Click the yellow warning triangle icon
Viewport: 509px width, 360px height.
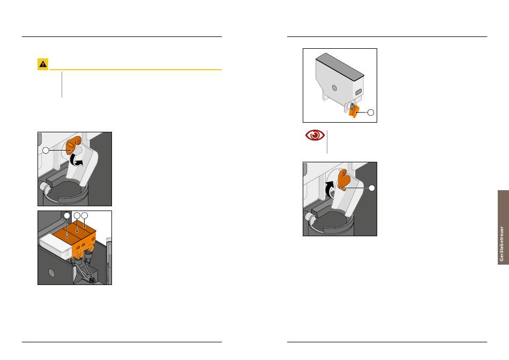pos(43,64)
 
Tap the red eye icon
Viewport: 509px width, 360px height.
pos(315,135)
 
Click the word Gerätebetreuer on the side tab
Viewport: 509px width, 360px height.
pos(502,244)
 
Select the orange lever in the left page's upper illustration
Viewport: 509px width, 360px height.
pos(73,145)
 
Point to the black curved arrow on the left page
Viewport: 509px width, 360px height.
pos(77,160)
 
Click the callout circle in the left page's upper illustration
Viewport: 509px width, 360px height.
pos(46,151)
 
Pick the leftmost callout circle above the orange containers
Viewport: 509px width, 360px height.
pos(67,215)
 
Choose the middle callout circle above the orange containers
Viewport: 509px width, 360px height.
pos(77,215)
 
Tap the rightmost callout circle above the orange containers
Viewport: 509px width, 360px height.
pos(85,215)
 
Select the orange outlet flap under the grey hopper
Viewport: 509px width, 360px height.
pos(354,111)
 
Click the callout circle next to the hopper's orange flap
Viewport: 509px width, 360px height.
pos(370,112)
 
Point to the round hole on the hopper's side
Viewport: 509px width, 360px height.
pos(334,88)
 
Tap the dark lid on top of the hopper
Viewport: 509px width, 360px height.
pos(340,67)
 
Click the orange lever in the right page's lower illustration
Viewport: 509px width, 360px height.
pos(343,180)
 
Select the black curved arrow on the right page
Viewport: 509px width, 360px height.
pos(330,189)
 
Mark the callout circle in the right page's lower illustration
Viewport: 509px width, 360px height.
pos(372,188)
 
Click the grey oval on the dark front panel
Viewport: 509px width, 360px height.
pos(51,272)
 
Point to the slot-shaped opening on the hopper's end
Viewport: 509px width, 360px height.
pos(358,92)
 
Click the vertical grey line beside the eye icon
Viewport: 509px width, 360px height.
pos(327,141)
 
